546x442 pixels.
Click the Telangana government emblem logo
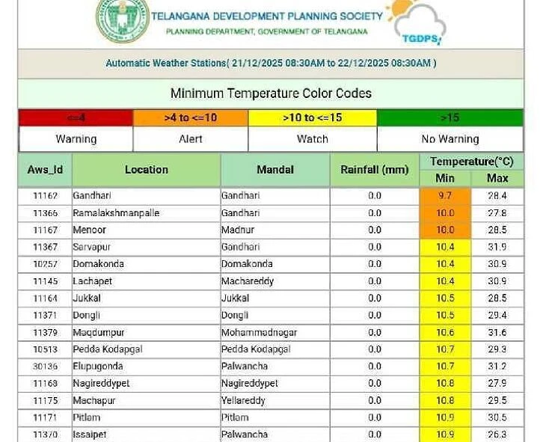[121, 19]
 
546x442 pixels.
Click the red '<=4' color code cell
[76, 117]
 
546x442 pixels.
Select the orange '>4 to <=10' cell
[190, 117]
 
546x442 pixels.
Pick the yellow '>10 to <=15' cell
[312, 117]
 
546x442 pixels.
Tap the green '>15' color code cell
[450, 117]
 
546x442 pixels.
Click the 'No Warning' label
[450, 139]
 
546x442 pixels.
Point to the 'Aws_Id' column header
[45, 170]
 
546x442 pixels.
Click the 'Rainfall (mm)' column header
[374, 170]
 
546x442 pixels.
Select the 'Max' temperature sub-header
[497, 178]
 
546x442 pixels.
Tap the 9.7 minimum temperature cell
[445, 196]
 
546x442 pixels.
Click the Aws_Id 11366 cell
[45, 213]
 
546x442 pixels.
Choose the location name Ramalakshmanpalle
[116, 213]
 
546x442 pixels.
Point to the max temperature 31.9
[497, 247]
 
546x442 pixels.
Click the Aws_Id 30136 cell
[45, 366]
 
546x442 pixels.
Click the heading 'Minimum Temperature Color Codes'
[271, 93]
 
